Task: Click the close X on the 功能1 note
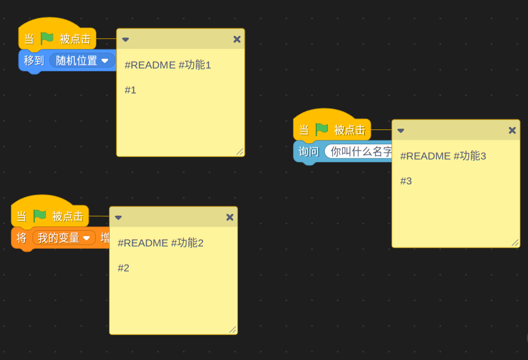237,39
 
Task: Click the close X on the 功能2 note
230,217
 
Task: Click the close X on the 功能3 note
512,130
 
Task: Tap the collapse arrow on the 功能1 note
125,40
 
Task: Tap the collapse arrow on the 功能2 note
118,218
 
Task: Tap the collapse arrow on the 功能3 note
400,131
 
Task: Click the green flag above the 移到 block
47,39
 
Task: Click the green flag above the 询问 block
321,130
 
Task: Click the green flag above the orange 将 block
39,216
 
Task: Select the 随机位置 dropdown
82,61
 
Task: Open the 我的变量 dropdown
64,238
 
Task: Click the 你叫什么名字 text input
360,152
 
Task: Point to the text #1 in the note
131,90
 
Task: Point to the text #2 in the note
124,268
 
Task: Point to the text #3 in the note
406,181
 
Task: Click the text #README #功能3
443,156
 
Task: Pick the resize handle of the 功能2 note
233,329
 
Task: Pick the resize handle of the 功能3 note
515,242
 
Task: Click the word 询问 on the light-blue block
309,152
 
